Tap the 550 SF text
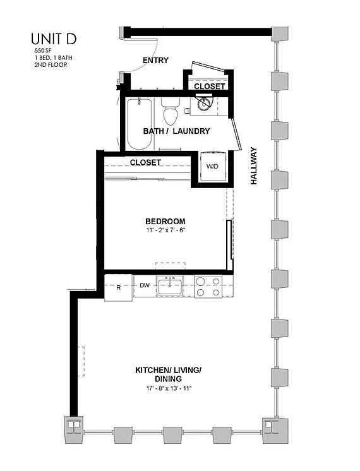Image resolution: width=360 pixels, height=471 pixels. [x=43, y=50]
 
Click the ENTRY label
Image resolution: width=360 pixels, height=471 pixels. [x=155, y=61]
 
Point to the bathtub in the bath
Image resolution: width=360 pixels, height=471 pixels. [x=139, y=123]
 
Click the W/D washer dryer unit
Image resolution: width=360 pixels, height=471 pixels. [x=210, y=167]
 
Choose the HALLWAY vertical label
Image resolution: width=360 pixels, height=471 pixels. [x=255, y=165]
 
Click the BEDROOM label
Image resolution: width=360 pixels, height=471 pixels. [x=165, y=221]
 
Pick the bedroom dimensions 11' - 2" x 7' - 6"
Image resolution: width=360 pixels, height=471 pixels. [x=165, y=230]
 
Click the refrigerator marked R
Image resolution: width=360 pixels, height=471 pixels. [x=118, y=287]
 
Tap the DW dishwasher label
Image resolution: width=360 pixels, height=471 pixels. [x=144, y=286]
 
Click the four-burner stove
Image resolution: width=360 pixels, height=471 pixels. [x=207, y=287]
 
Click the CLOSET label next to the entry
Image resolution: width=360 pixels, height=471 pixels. [x=209, y=86]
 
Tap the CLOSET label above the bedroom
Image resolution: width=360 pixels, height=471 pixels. [x=145, y=162]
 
